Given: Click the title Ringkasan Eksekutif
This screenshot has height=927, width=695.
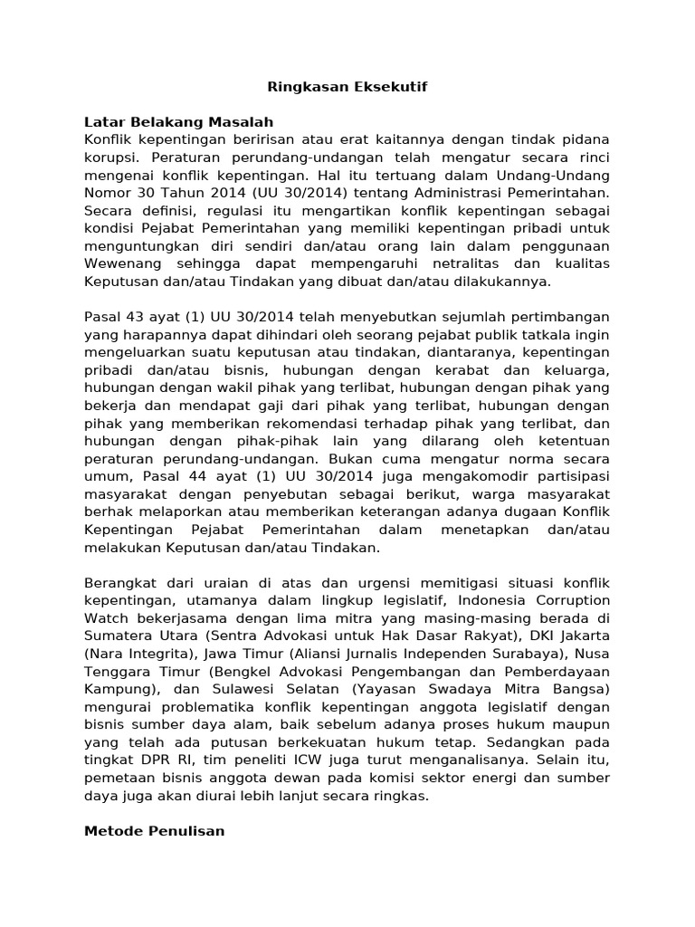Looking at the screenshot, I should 347,87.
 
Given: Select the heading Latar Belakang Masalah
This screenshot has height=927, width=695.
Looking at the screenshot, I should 178,122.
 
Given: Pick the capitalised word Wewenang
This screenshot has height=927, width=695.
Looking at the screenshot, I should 125,263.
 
